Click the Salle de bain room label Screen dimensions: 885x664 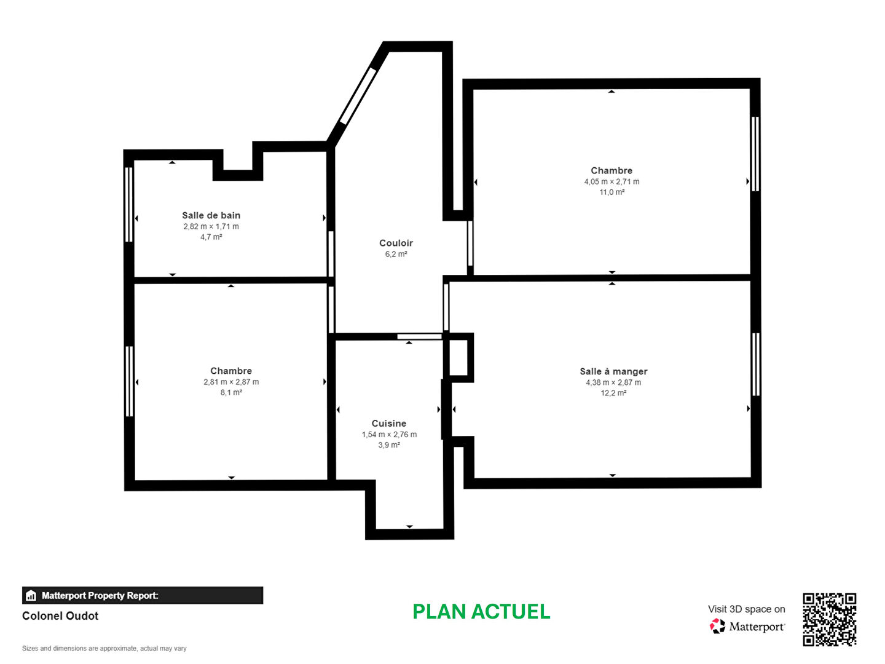[211, 215]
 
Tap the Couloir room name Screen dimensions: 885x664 [396, 243]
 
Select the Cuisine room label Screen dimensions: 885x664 [388, 424]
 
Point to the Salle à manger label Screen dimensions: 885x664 [613, 371]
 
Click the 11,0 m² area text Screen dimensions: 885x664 [612, 192]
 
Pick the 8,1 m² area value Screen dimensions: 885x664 [231, 393]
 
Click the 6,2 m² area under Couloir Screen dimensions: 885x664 [396, 255]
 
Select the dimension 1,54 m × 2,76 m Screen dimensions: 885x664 [389, 435]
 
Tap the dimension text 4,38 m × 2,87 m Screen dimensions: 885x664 [613, 382]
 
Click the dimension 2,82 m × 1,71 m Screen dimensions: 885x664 [211, 227]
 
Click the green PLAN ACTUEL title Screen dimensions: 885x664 [481, 612]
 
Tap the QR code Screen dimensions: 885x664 [829, 620]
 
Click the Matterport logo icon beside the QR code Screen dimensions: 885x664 [717, 626]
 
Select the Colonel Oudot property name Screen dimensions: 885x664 [60, 616]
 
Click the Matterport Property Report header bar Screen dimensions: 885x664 [143, 595]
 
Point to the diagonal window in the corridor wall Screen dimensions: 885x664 [358, 96]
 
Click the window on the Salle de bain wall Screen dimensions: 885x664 [129, 204]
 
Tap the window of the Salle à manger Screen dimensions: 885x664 [756, 365]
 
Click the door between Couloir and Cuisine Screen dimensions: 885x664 [419, 337]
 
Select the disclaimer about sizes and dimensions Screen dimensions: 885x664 [104, 648]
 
